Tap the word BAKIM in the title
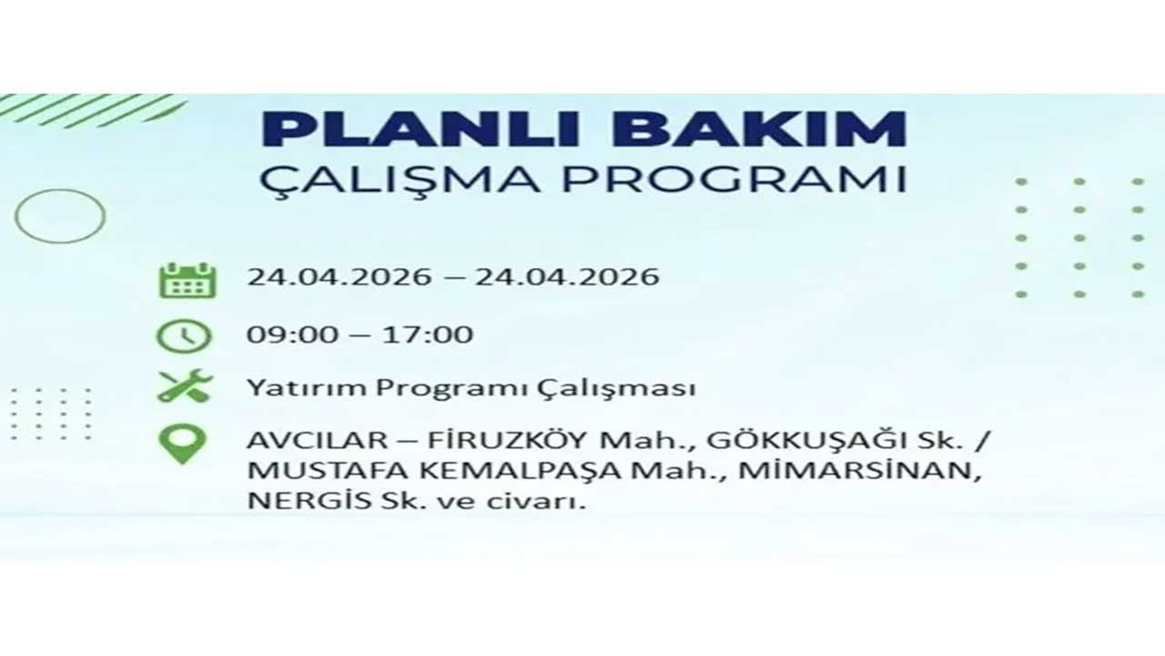tap(759, 129)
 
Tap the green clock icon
tap(184, 336)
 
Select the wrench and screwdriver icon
tap(185, 386)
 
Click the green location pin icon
tap(183, 445)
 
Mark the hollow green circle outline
tap(60, 216)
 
